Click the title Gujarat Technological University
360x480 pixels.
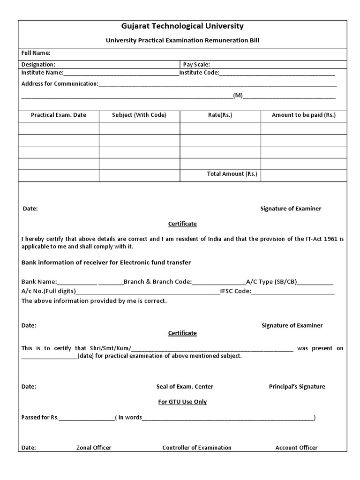[x=182, y=26]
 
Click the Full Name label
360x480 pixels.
[x=36, y=53]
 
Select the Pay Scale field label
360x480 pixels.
[x=196, y=64]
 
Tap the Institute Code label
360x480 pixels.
[x=199, y=73]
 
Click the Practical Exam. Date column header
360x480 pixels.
[x=59, y=115]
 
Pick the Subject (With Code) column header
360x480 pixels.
[x=139, y=115]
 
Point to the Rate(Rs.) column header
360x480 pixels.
[x=220, y=115]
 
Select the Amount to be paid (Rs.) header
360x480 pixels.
[x=304, y=115]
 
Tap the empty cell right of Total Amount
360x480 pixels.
[x=304, y=175]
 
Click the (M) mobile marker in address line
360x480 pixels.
[x=238, y=95]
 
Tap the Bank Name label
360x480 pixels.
[x=39, y=282]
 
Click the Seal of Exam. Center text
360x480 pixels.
[x=185, y=387]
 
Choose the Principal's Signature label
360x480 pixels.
[x=297, y=387]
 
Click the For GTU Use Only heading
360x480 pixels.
[x=182, y=402]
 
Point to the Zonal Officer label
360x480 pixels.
[x=94, y=448]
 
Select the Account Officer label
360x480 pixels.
[x=296, y=448]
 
